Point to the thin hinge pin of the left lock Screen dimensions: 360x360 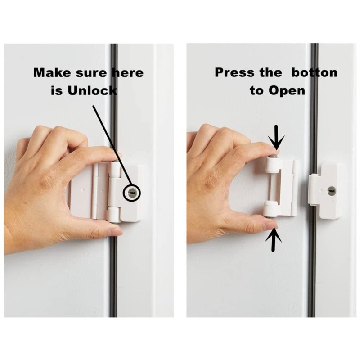pyautogui.click(x=95, y=191)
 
